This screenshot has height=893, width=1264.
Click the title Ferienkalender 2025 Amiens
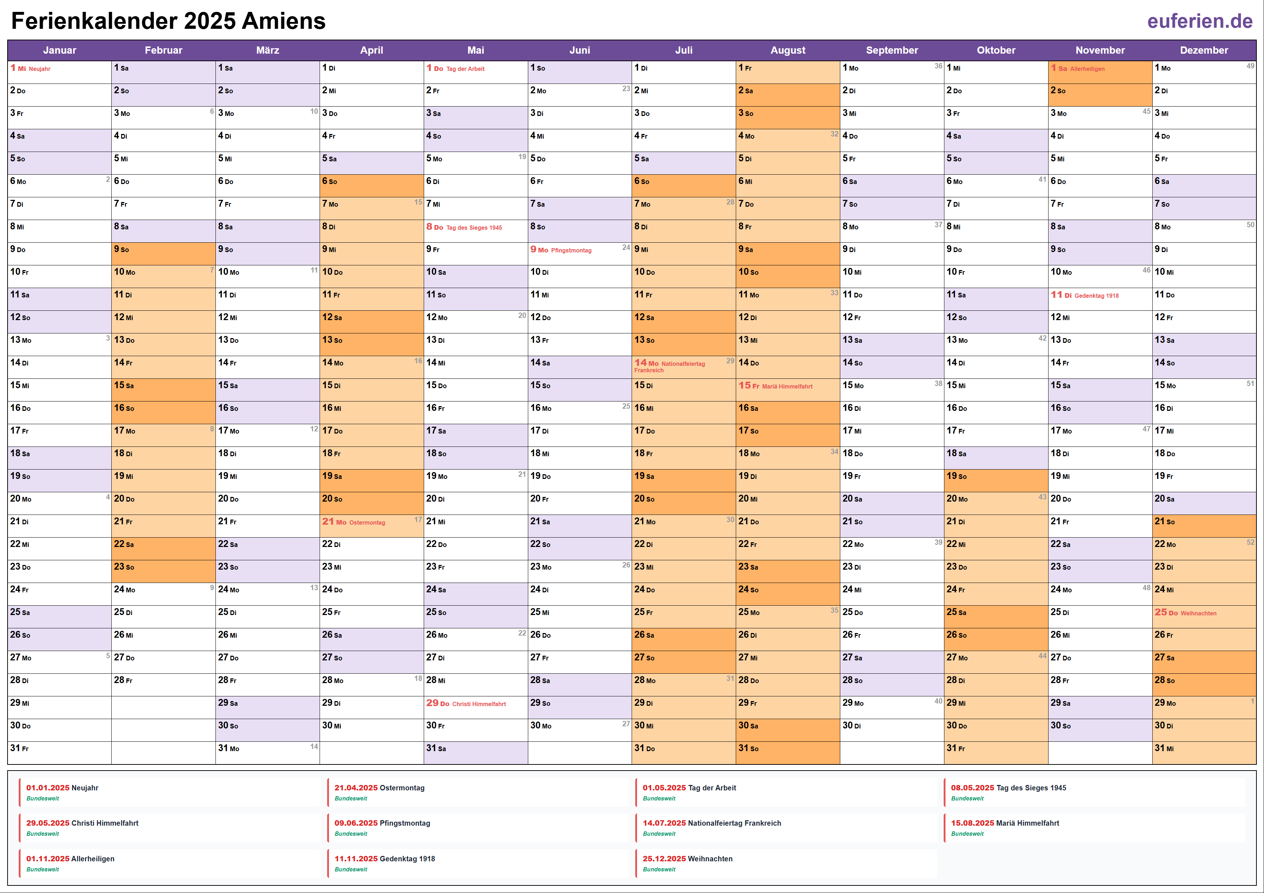169,21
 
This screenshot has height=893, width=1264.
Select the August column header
787,50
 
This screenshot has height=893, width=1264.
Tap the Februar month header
164,50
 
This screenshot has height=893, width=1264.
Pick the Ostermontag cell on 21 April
367,522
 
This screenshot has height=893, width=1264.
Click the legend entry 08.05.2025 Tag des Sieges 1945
1008,788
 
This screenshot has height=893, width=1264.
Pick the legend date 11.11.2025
356,859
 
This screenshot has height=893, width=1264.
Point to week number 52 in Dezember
1250,542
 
